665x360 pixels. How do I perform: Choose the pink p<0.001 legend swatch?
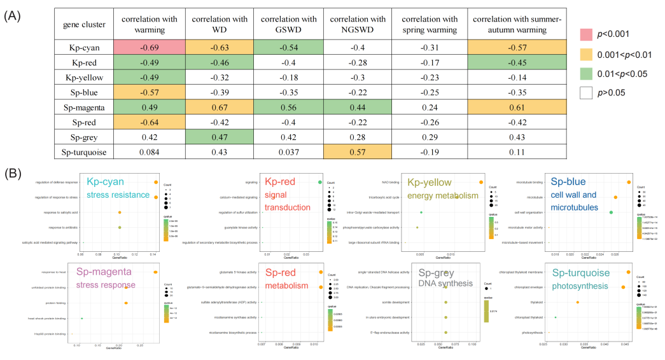[590, 36]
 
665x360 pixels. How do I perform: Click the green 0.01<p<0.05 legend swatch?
[590, 74]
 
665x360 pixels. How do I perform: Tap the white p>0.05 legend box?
[590, 92]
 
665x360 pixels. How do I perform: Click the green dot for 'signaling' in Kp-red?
[319, 183]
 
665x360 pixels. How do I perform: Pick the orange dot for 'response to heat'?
[155, 272]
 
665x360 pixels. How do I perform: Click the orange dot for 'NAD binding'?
[481, 183]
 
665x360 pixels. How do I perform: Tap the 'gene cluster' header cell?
[84, 24]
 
